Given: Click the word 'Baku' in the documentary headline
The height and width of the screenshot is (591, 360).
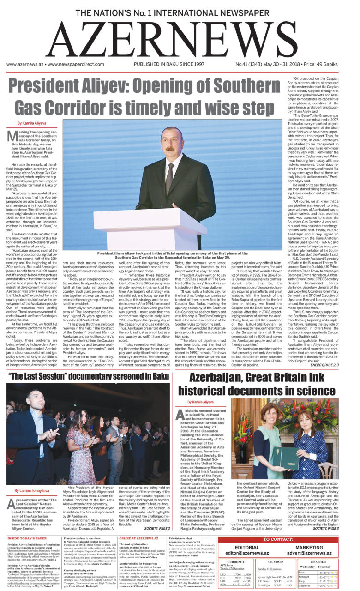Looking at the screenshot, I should pyautogui.click(x=158, y=376).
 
